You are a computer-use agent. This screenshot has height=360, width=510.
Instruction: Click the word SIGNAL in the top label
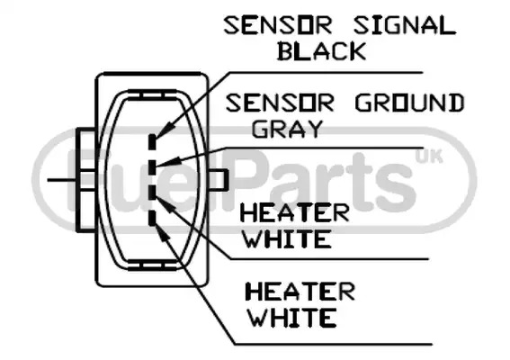404,26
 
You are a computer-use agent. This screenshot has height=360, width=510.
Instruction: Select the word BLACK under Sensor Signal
322,51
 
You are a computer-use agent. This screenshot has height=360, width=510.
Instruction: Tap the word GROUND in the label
409,103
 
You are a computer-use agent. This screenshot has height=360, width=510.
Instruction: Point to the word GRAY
287,129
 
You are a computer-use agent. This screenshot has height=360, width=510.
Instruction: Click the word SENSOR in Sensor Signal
278,26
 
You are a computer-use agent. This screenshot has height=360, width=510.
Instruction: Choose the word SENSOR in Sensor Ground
280,103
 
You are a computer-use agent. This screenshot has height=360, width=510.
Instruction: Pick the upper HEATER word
294,213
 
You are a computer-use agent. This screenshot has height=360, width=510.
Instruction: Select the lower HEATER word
300,292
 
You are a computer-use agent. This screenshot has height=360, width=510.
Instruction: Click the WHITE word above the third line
288,238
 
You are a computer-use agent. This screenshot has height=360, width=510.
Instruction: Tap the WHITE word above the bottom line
292,318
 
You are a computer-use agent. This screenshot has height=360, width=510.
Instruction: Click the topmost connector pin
153,142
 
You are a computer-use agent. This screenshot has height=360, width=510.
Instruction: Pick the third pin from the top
153,192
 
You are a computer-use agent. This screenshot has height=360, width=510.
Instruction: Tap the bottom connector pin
153,218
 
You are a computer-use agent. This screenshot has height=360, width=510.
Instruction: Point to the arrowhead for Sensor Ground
168,162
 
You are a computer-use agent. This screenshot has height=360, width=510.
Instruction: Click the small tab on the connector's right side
218,179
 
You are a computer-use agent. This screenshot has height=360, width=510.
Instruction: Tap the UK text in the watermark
429,157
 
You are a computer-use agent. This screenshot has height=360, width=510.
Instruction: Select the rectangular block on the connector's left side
86,180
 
